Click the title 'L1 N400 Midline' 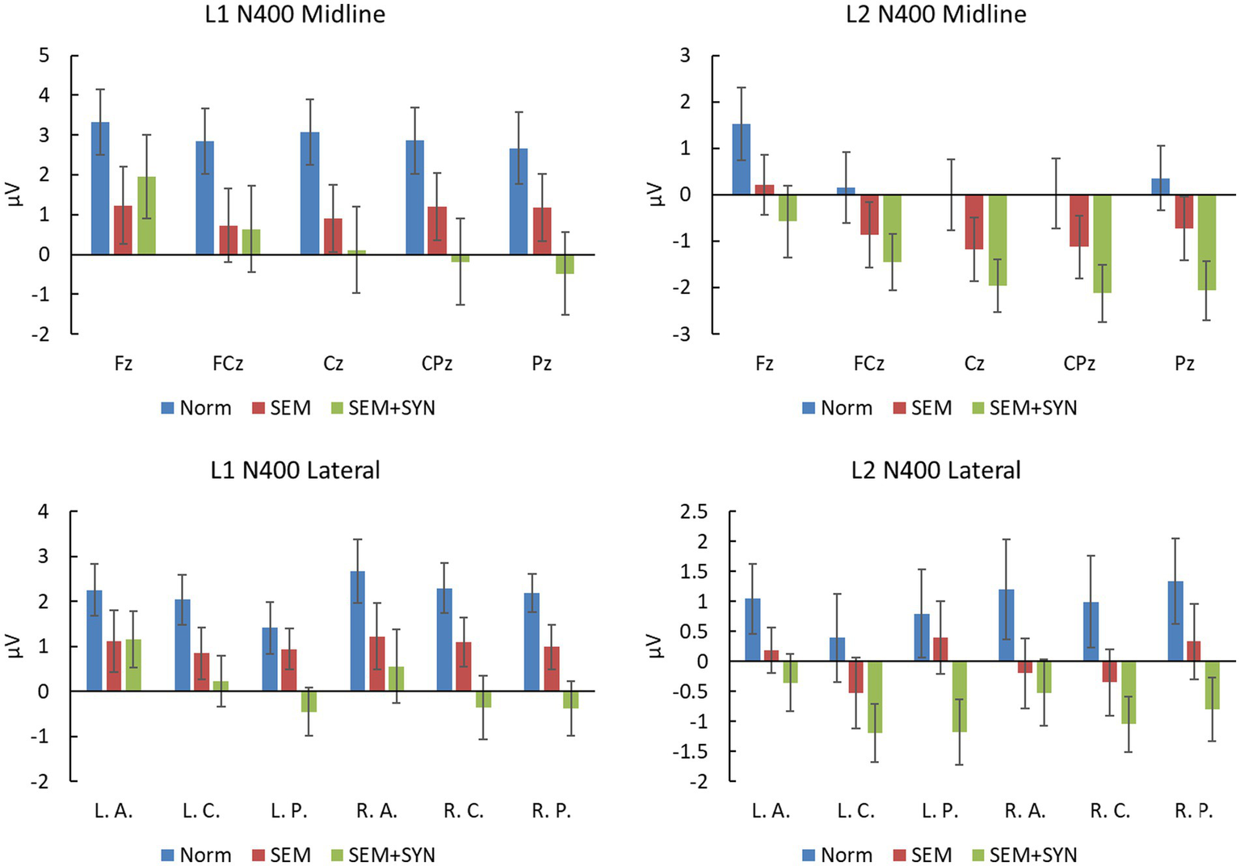click(295, 14)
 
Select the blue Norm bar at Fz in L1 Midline click(100, 188)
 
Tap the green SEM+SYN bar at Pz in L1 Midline click(565, 264)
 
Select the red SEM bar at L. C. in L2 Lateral click(855, 677)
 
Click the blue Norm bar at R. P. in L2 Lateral click(1175, 621)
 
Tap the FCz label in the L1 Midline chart click(228, 364)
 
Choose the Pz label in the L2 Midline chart click(1184, 364)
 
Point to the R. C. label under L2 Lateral click(1110, 811)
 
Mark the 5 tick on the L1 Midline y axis click(44, 56)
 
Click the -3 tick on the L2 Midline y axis click(684, 334)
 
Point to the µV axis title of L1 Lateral click(15, 646)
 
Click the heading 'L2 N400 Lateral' click(935, 470)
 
